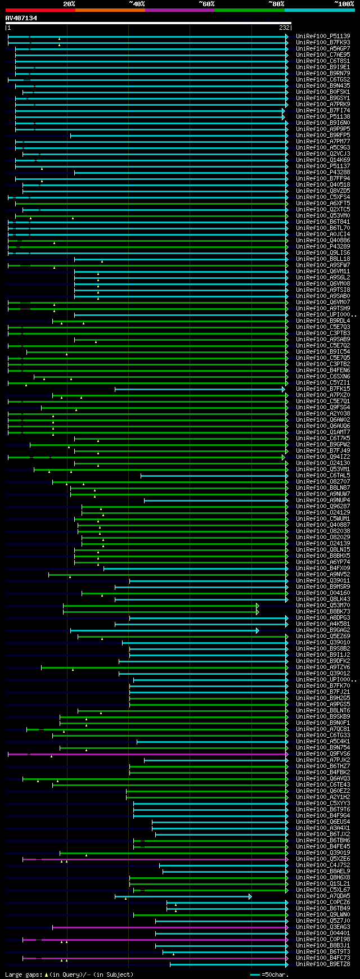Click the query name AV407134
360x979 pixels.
tap(21, 19)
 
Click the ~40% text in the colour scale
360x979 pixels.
tap(137, 4)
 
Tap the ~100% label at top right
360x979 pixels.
tap(344, 4)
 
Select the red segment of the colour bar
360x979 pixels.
tap(40, 10)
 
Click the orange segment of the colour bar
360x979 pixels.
tap(110, 10)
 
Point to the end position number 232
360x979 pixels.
tap(284, 28)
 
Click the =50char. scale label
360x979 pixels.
tap(276, 975)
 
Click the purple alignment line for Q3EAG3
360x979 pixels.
tap(169, 927)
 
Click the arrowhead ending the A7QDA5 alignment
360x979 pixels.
tap(250, 896)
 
